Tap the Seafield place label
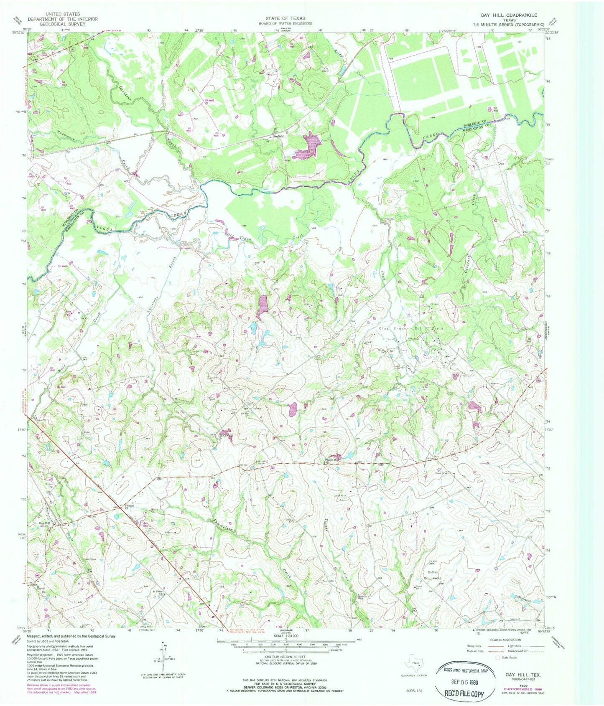click(x=279, y=136)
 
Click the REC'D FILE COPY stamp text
click(x=466, y=694)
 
